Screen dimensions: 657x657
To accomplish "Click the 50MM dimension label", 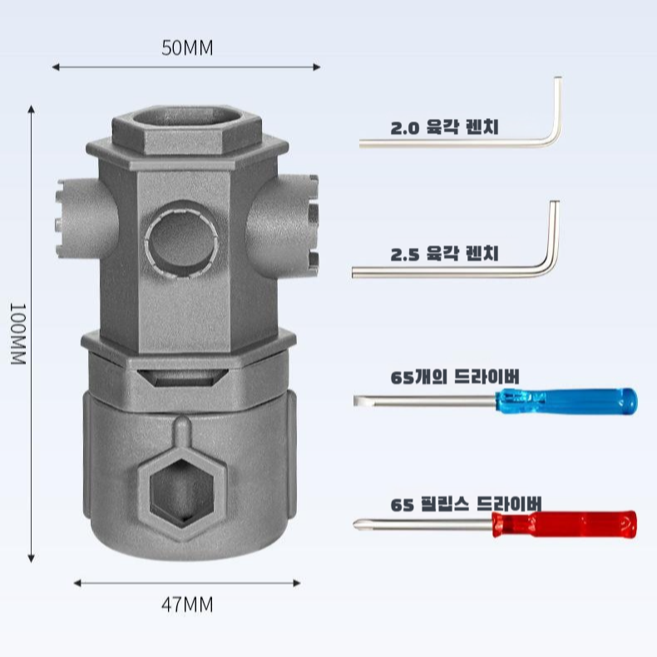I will coord(187,48).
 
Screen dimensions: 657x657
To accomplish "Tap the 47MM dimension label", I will coord(187,605).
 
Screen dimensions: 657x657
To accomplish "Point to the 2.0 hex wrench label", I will coord(449,130).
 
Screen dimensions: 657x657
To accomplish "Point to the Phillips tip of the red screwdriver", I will coord(358,524).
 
